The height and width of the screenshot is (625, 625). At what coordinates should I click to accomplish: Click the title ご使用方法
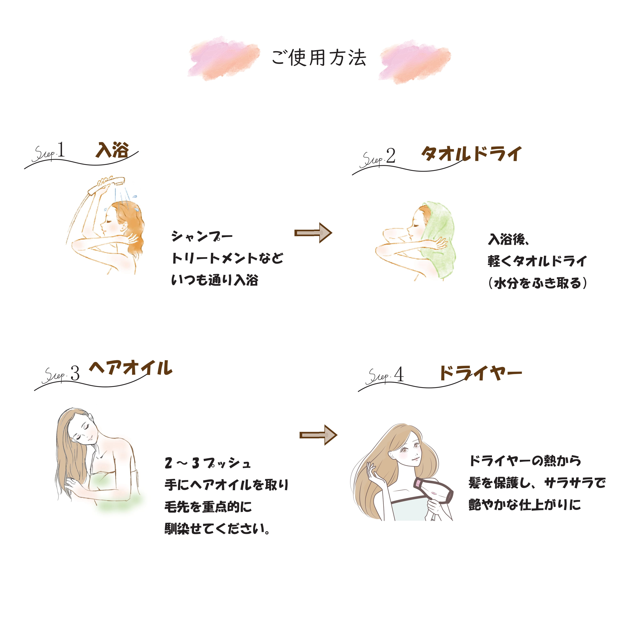[x=319, y=58]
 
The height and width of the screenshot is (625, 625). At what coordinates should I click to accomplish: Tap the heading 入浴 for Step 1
[x=112, y=150]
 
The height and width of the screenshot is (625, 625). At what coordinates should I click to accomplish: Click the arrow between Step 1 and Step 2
[x=313, y=233]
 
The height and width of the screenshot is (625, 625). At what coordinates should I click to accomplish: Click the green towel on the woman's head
[x=440, y=239]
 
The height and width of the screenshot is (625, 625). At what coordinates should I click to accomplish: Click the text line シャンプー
[x=202, y=236]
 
